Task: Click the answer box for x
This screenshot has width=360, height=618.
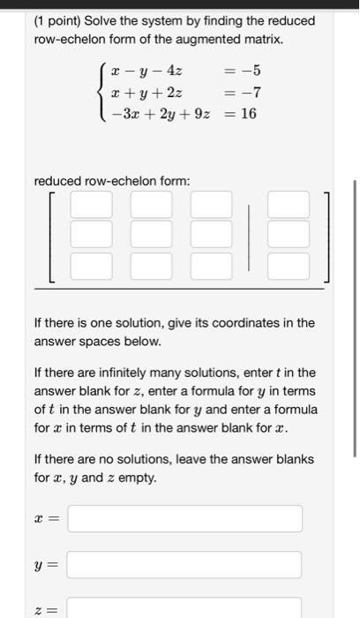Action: coord(184,518)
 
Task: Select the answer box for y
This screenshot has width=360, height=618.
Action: coord(184,564)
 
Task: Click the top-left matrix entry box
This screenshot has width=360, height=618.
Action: coord(92,205)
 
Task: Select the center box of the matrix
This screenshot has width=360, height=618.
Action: coord(152,235)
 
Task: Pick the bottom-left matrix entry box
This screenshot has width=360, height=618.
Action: coord(92,265)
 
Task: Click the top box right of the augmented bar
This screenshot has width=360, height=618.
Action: coord(289,205)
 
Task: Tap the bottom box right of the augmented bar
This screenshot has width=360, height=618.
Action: coord(289,265)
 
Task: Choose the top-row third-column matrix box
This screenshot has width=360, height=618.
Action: coord(212,205)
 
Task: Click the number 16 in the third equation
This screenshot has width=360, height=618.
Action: coord(248,113)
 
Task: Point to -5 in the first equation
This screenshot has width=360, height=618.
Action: coord(251,71)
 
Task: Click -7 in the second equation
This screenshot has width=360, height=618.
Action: coord(251,92)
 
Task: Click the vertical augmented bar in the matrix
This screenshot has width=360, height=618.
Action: coord(251,235)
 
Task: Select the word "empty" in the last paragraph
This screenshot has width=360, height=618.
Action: coord(139,478)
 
